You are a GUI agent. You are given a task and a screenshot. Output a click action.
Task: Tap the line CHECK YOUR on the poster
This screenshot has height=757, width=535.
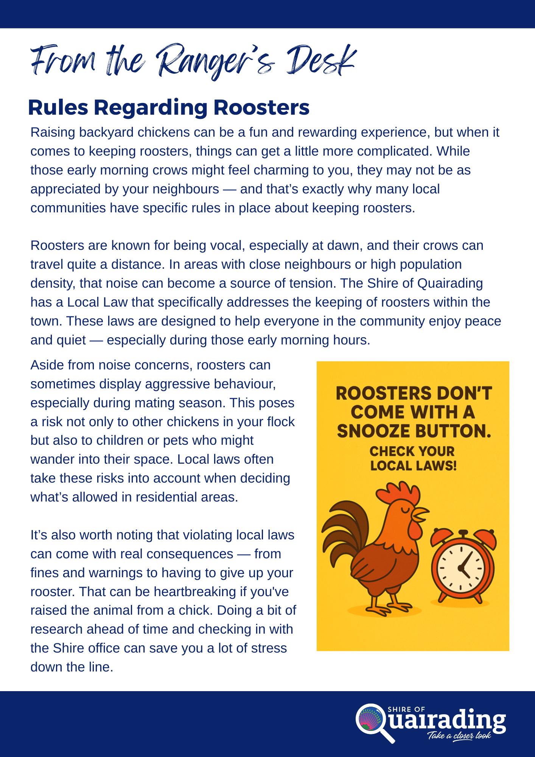[x=412, y=451]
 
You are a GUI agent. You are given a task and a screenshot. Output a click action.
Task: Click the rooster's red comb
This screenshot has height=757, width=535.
[x=398, y=494]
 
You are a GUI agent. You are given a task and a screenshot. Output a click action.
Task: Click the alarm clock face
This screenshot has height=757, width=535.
[x=461, y=568]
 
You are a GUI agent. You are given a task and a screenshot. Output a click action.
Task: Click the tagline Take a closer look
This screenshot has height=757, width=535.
[x=459, y=735]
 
